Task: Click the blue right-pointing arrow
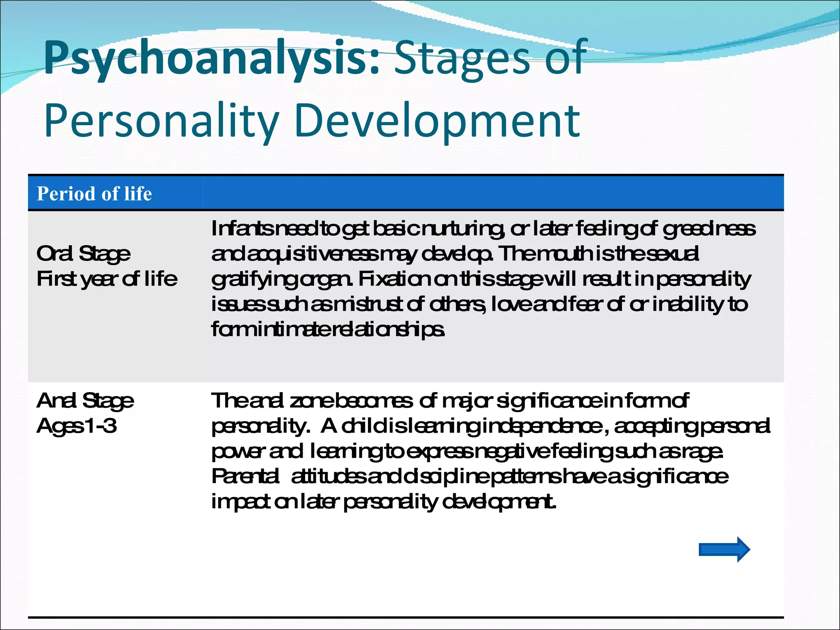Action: point(724,549)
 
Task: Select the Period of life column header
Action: point(94,194)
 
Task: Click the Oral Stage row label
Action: point(84,254)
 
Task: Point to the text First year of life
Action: point(107,279)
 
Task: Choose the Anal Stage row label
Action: point(85,401)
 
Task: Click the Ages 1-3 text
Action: point(77,426)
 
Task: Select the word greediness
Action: point(709,229)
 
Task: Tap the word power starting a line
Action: point(237,452)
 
